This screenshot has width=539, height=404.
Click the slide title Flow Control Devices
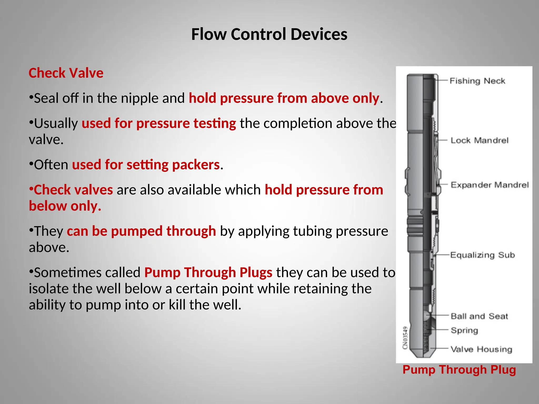(269, 34)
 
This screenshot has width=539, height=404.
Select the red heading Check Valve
(66, 73)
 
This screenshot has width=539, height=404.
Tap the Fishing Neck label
(477, 81)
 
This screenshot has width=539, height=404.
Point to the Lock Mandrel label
(479, 140)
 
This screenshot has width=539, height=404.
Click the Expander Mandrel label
(490, 185)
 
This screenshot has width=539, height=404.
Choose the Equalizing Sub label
(482, 255)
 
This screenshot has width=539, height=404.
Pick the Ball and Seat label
(479, 316)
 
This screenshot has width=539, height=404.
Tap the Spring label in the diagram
(464, 330)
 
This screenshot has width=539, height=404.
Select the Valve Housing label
(481, 349)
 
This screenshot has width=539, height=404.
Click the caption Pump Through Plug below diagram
(459, 370)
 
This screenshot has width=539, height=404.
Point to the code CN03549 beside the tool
(405, 338)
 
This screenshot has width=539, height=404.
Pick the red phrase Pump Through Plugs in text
(208, 272)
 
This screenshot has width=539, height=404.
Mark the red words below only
(65, 206)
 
